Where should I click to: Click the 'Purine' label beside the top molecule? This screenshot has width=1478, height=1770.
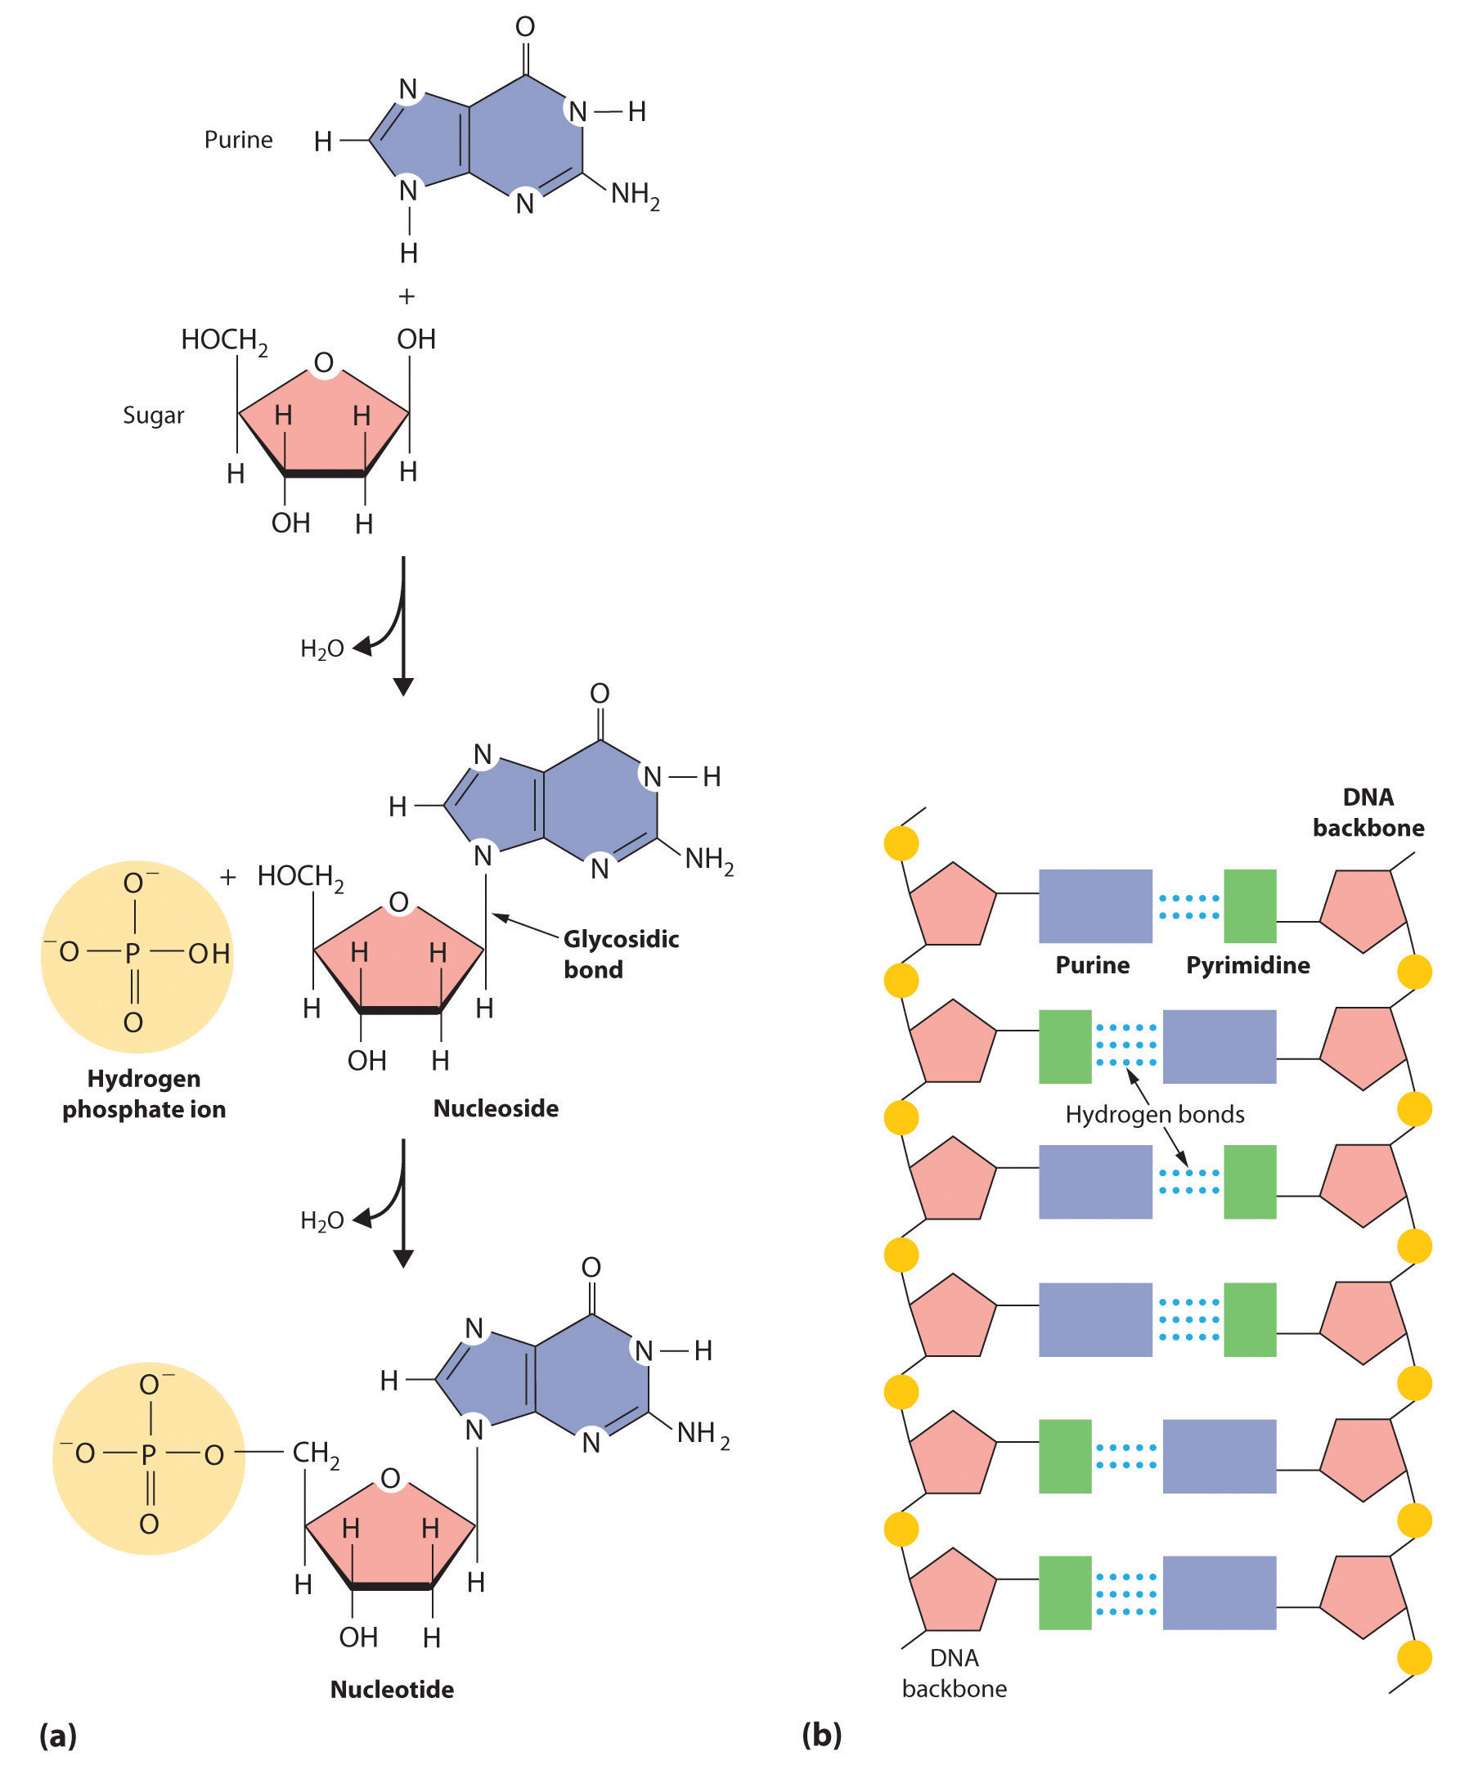pyautogui.click(x=239, y=140)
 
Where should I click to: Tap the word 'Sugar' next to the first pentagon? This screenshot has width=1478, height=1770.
pyautogui.click(x=153, y=416)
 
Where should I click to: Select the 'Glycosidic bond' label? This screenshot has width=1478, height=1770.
pyautogui.click(x=621, y=954)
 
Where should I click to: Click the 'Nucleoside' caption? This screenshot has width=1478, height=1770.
pyautogui.click(x=496, y=1108)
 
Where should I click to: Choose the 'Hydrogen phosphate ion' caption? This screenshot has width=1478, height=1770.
pyautogui.click(x=144, y=1094)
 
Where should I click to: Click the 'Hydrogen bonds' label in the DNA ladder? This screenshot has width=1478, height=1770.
pyautogui.click(x=1154, y=1114)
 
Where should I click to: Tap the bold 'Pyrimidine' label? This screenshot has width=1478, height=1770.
pyautogui.click(x=1248, y=965)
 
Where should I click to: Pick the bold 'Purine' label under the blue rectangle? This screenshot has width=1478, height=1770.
pyautogui.click(x=1092, y=965)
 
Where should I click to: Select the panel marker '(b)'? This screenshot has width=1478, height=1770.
pyautogui.click(x=821, y=1735)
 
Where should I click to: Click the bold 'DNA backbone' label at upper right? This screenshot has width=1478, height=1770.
pyautogui.click(x=1368, y=812)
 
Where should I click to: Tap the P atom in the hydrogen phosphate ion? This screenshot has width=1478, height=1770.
pyautogui.click(x=133, y=953)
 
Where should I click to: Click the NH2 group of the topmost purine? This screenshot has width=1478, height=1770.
pyautogui.click(x=635, y=195)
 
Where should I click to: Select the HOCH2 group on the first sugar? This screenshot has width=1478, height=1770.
pyautogui.click(x=224, y=340)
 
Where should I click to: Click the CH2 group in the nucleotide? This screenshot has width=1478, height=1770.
pyautogui.click(x=316, y=1453)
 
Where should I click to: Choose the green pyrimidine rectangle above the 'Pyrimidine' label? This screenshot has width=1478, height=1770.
pyautogui.click(x=1250, y=906)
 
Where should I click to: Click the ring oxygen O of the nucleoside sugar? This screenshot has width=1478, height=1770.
pyautogui.click(x=398, y=902)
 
